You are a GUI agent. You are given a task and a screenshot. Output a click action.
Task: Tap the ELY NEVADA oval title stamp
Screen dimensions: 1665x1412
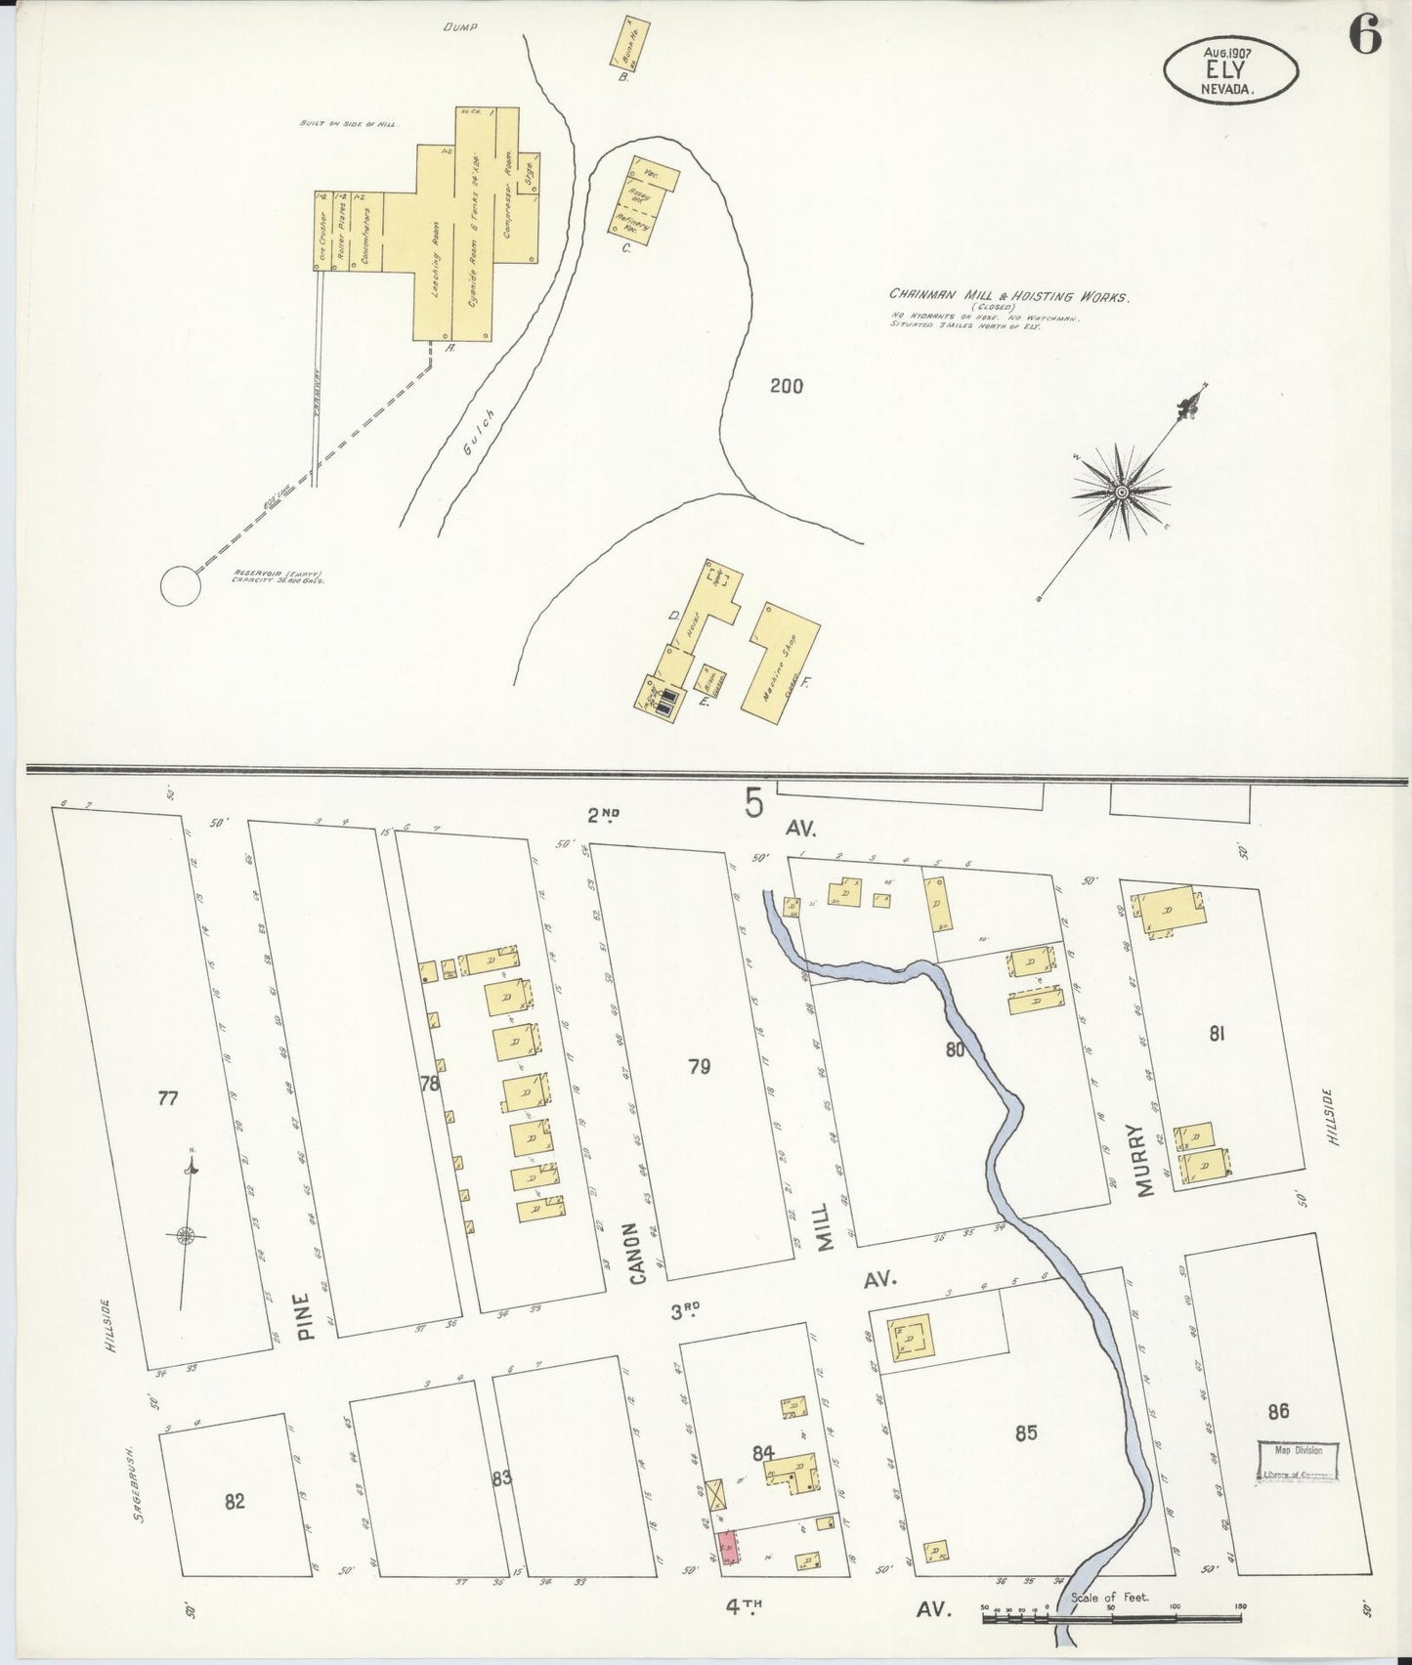[x=1230, y=67]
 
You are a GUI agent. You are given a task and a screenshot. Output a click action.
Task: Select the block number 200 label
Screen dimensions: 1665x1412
[x=786, y=387]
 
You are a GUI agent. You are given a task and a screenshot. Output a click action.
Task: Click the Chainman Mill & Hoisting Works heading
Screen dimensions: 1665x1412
[x=1008, y=296]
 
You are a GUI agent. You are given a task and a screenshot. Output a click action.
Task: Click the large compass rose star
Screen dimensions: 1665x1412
[x=1122, y=491]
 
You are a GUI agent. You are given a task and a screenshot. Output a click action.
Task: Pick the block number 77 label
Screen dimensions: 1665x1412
[x=168, y=1098]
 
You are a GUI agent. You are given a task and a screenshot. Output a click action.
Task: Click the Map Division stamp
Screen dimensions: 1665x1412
[x=1298, y=1462]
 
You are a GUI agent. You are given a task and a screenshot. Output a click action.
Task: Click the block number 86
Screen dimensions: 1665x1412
[x=1278, y=1410]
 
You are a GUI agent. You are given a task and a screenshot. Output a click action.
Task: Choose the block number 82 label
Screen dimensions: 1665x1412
[x=235, y=1502]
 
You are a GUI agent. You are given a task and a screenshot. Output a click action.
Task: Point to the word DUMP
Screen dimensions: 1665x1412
[x=457, y=27]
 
